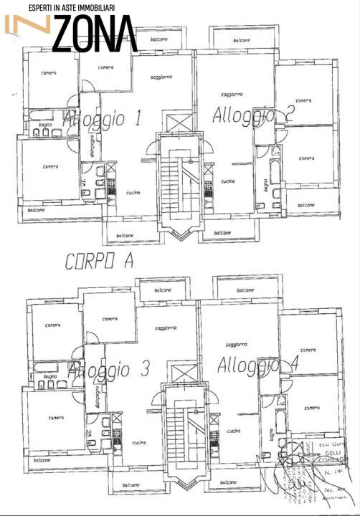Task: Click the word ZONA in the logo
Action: click(95, 34)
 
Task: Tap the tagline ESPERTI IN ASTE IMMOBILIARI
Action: click(71, 7)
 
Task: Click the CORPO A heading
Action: click(99, 263)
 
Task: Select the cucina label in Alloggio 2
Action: click(229, 181)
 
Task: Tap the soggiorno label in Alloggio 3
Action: click(166, 328)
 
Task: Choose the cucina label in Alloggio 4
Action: click(233, 431)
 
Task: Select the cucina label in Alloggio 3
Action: click(138, 442)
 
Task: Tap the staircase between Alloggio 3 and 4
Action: click(184, 430)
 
